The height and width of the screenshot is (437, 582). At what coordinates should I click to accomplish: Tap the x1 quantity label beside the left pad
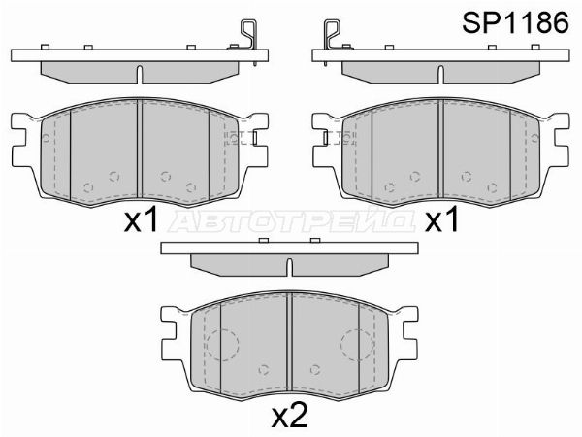tap(142, 221)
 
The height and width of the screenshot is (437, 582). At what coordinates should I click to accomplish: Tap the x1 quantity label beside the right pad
tap(442, 221)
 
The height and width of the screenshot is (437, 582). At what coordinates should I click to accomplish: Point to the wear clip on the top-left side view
tap(248, 42)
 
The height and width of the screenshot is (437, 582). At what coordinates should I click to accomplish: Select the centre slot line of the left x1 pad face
tap(141, 151)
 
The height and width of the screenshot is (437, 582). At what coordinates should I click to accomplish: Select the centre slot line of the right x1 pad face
tap(441, 151)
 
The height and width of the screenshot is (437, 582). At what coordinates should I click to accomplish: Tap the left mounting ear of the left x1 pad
tap(21, 136)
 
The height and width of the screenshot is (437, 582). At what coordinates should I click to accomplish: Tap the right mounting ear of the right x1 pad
tap(561, 136)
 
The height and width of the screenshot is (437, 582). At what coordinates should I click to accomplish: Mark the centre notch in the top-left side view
tap(141, 74)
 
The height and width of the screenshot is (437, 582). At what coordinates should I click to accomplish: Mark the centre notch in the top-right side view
tap(441, 74)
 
